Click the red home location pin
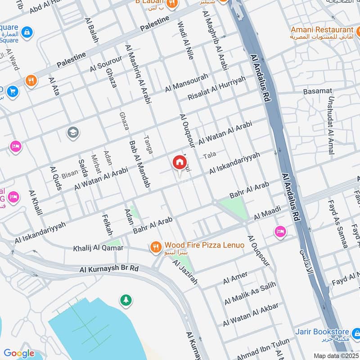click(x=179, y=162)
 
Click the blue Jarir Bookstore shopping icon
click(x=355, y=333)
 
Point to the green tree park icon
click(x=126, y=300)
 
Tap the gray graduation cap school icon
click(x=72, y=132)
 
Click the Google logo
click(x=19, y=353)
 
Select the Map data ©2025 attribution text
click(x=336, y=355)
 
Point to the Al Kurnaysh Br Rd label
click(x=109, y=269)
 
